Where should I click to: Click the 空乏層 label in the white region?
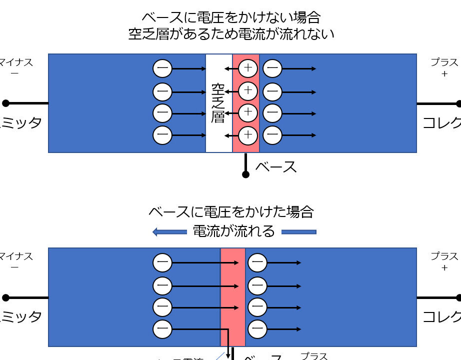point(218,103)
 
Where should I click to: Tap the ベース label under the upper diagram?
point(276,166)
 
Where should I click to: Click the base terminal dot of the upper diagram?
point(245,174)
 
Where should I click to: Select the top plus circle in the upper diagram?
point(248,68)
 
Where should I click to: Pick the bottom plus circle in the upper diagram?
point(248,135)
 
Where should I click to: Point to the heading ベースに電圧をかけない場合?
point(231,17)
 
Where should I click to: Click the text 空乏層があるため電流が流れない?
point(231,34)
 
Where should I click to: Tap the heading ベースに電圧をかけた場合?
point(231,211)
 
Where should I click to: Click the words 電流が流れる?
point(234,231)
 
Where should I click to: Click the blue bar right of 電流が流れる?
point(299,231)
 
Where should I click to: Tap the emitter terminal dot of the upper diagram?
point(5,103)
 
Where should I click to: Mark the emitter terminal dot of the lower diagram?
point(5,297)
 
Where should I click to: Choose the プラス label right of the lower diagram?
point(444,256)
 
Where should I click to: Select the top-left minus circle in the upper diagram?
point(162,68)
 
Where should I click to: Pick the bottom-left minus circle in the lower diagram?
point(162,329)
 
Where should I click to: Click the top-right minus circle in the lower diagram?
point(257,262)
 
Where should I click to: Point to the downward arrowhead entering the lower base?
point(229,354)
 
